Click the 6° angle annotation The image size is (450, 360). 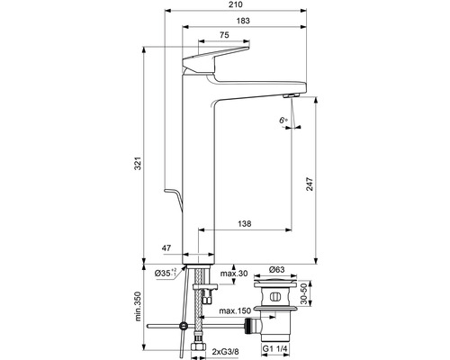pyautogui.click(x=283, y=119)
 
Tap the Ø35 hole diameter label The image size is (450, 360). pyautogui.click(x=166, y=272)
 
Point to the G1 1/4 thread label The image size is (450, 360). pyautogui.click(x=275, y=348)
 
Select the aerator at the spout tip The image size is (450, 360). pyautogui.click(x=289, y=94)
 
